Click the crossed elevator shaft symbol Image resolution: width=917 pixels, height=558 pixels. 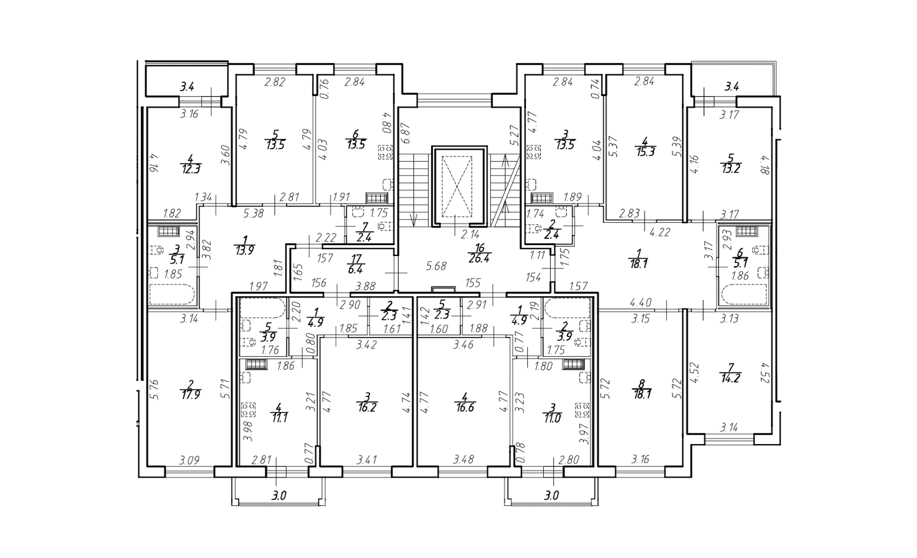460,186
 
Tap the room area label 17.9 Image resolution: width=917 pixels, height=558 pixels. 190,395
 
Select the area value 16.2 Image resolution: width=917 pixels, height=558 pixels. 366,408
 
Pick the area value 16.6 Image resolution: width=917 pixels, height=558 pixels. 464,408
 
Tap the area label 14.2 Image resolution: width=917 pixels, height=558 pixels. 730,378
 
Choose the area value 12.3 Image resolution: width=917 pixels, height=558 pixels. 191,169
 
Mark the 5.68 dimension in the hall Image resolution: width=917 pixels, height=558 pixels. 436,266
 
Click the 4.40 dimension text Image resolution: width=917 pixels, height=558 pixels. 641,303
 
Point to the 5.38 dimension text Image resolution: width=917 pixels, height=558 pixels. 253,213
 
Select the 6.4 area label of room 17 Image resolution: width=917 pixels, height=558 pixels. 357,269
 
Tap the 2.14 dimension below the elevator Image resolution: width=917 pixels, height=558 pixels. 470,234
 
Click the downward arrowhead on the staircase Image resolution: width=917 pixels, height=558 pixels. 414,222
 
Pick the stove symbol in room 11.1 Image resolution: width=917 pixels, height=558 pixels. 248,410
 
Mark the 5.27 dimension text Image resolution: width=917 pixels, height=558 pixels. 515,136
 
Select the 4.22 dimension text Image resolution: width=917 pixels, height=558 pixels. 660,232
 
